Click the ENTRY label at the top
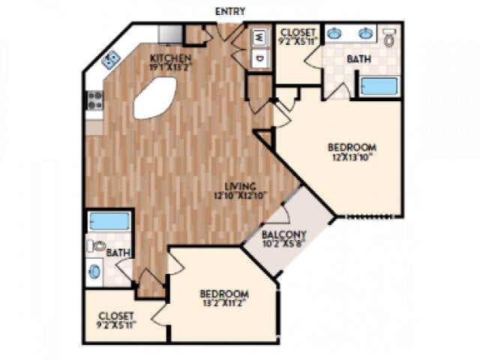[229, 11]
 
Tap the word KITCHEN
[170, 58]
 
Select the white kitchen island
[155, 97]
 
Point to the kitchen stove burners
[94, 100]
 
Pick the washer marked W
[259, 37]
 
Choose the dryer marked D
[259, 58]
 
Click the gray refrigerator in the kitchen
[169, 34]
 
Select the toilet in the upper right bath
[389, 37]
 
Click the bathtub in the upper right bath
[379, 85]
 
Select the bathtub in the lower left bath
[109, 221]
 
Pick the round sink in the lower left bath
[95, 271]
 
